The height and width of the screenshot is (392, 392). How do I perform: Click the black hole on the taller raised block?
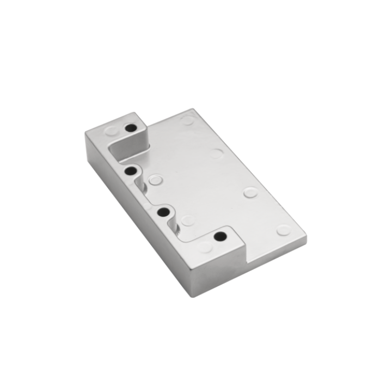click(x=130, y=128)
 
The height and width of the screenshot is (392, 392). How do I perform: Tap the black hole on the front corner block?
click(x=220, y=237)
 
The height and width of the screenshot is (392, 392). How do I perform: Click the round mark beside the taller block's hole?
click(x=111, y=131)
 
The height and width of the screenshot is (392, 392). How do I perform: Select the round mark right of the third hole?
click(x=188, y=220)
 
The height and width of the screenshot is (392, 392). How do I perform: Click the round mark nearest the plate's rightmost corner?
click(x=283, y=230)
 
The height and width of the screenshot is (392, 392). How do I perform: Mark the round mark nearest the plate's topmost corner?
click(x=189, y=120)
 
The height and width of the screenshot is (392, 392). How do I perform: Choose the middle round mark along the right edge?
click(x=250, y=192)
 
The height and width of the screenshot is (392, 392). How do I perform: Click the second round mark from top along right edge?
click(x=217, y=154)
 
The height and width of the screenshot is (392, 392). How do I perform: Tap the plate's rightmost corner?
click(x=306, y=240)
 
